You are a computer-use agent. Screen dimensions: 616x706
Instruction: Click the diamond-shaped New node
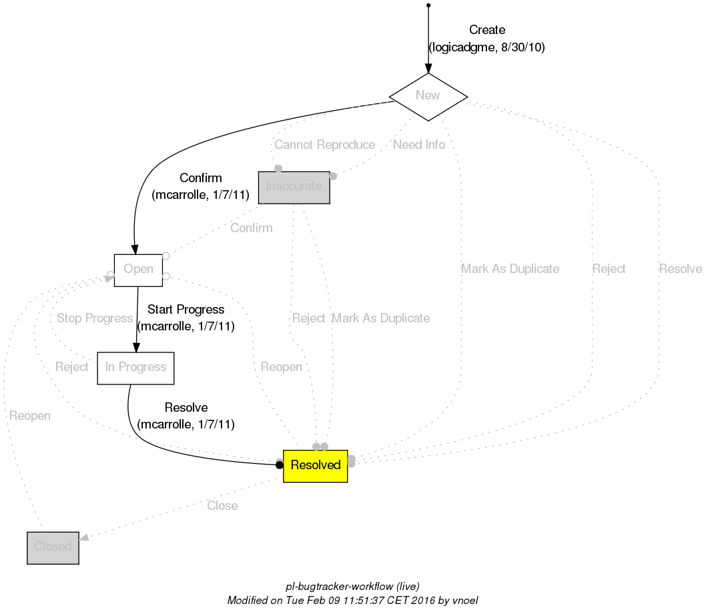(428, 95)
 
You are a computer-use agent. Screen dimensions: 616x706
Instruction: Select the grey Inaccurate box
(294, 187)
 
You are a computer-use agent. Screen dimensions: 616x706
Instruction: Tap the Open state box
(138, 270)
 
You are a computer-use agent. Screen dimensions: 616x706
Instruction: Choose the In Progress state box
(135, 368)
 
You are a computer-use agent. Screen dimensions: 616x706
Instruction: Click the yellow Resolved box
(316, 465)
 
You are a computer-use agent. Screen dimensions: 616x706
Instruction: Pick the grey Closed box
(53, 547)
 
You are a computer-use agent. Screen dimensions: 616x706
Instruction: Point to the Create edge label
(487, 30)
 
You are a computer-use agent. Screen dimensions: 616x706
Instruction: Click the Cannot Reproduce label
(324, 145)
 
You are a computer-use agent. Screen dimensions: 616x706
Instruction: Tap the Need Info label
(419, 145)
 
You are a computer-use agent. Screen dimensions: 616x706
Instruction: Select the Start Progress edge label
(186, 310)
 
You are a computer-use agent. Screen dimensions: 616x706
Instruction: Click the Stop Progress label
(95, 318)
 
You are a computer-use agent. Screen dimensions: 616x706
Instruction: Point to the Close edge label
(222, 506)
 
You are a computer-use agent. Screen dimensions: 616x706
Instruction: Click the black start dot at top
(428, 5)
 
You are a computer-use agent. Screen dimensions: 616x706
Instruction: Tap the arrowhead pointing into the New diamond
(428, 68)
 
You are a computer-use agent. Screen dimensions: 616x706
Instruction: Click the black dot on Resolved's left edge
(280, 465)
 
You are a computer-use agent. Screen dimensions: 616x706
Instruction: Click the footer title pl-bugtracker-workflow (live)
(352, 587)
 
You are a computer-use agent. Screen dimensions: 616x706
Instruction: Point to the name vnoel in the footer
(464, 600)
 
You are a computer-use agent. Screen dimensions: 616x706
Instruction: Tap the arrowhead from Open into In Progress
(136, 347)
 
